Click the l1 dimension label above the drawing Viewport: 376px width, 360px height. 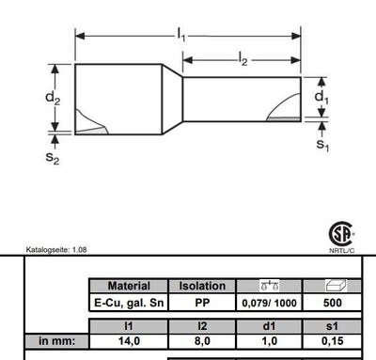180,35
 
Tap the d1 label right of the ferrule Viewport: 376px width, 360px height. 322,97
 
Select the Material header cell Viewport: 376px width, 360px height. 129,286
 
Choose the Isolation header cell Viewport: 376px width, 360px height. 202,286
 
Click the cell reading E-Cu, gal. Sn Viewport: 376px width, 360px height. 129,303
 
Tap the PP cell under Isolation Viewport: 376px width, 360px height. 202,303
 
